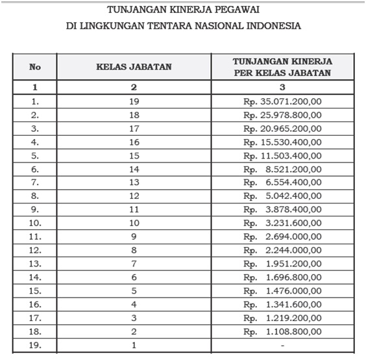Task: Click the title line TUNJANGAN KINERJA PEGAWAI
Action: coord(182,10)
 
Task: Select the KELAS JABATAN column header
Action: coord(133,67)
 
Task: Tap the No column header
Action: coord(35,67)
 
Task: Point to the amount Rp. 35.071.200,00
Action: coord(282,101)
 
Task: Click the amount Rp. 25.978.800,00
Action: coord(282,114)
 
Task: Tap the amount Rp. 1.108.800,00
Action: coord(282,331)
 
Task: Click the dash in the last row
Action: coord(282,345)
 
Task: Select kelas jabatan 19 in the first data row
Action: coord(134,101)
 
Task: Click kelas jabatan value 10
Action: coord(134,222)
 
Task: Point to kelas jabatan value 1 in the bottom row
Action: coord(134,345)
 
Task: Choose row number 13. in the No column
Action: coord(35,263)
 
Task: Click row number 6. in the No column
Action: coord(35,168)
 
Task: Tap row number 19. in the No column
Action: coord(35,345)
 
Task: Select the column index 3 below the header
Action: coord(282,87)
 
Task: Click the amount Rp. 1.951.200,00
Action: coord(282,263)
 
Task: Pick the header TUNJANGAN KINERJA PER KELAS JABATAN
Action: coord(282,67)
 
